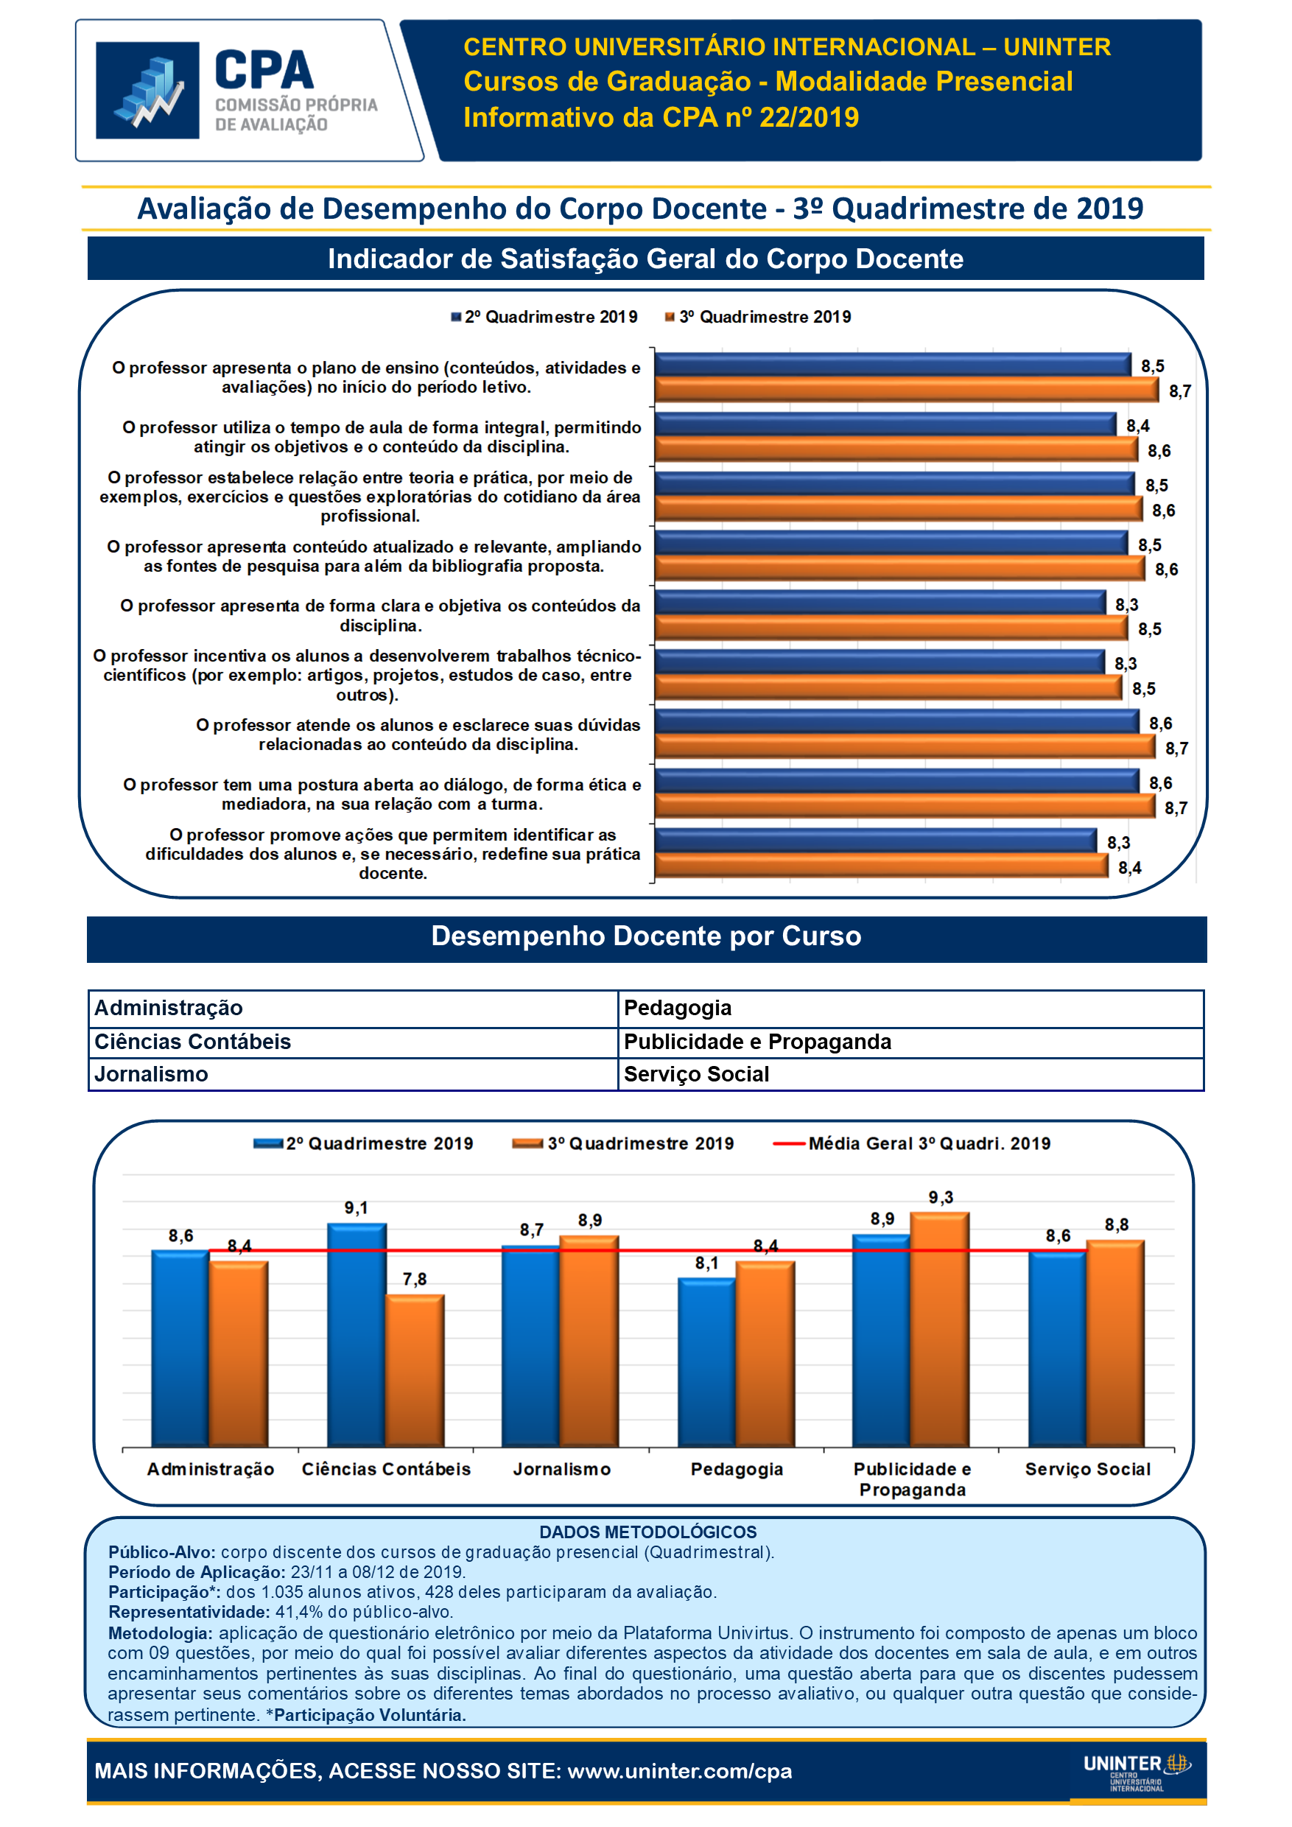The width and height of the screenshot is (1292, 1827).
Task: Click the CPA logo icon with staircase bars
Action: [147, 91]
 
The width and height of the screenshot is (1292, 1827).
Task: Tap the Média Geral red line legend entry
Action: [912, 1143]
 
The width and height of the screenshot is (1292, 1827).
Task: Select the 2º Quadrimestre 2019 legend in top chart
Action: [544, 318]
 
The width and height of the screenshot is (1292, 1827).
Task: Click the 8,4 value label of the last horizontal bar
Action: [1130, 868]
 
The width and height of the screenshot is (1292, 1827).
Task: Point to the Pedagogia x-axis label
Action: [737, 1470]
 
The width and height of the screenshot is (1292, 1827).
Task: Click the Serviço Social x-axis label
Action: [1087, 1470]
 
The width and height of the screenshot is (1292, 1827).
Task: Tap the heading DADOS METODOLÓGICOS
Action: [647, 1532]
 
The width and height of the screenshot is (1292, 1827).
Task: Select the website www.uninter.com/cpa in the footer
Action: [679, 1771]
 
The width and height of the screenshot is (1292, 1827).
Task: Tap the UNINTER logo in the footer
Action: [1136, 1771]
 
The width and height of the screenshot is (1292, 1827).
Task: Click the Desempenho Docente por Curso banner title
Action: [646, 936]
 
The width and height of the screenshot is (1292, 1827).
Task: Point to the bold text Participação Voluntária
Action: [370, 1715]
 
